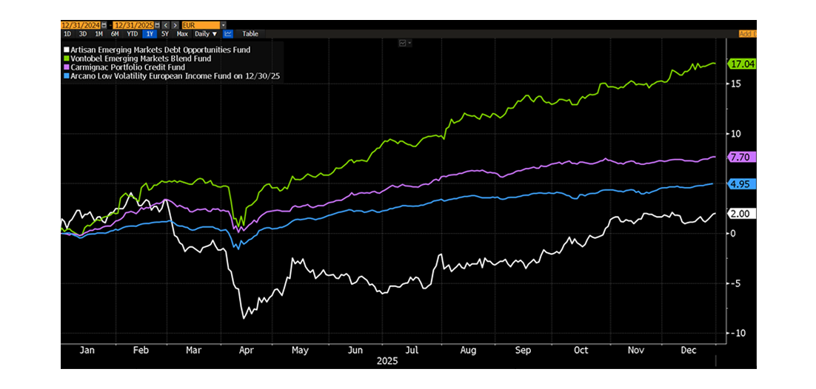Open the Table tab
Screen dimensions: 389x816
pyautogui.click(x=250, y=33)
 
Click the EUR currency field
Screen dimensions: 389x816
pyautogui.click(x=201, y=25)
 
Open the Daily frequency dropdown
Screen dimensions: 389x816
pyautogui.click(x=204, y=33)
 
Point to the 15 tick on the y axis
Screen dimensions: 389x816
pyautogui.click(x=734, y=84)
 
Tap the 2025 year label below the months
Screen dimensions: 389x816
pyautogui.click(x=388, y=362)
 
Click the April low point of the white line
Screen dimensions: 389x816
pyautogui.click(x=243, y=319)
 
